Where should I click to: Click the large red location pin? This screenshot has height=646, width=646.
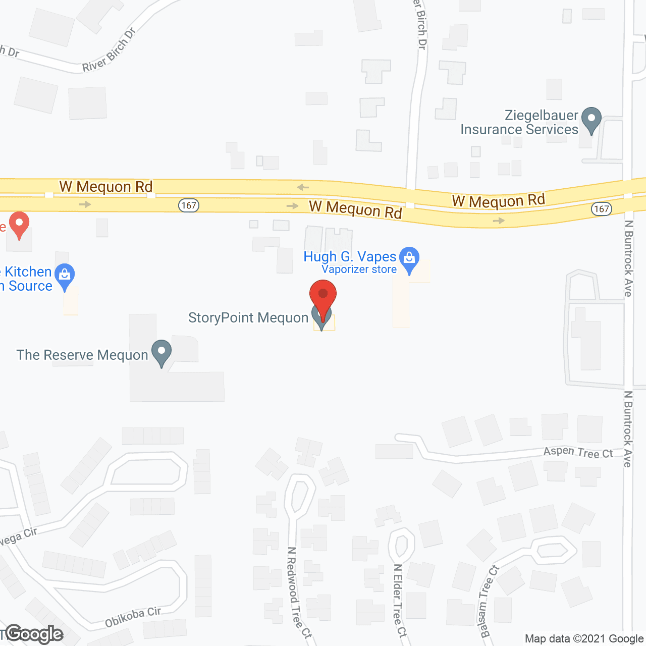322,295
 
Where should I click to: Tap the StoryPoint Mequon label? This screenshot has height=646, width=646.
248,317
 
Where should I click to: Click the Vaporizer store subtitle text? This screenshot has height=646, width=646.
359,270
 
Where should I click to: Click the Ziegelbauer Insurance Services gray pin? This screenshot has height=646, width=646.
591,120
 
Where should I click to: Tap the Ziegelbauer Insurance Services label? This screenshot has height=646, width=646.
519,123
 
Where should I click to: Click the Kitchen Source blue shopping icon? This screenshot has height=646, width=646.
65,276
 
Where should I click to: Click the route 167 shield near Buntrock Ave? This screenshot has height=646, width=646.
601,209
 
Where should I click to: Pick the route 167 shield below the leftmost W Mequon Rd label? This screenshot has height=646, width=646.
188,205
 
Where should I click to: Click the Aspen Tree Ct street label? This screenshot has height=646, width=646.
578,452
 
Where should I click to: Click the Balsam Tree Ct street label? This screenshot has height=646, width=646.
488,601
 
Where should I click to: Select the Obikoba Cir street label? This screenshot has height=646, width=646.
133,617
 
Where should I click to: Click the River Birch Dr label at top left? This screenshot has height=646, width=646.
109,50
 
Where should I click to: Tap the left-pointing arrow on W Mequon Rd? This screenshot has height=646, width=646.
302,187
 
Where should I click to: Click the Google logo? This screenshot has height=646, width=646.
34,634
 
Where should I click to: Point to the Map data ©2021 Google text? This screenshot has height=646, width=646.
584,639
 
